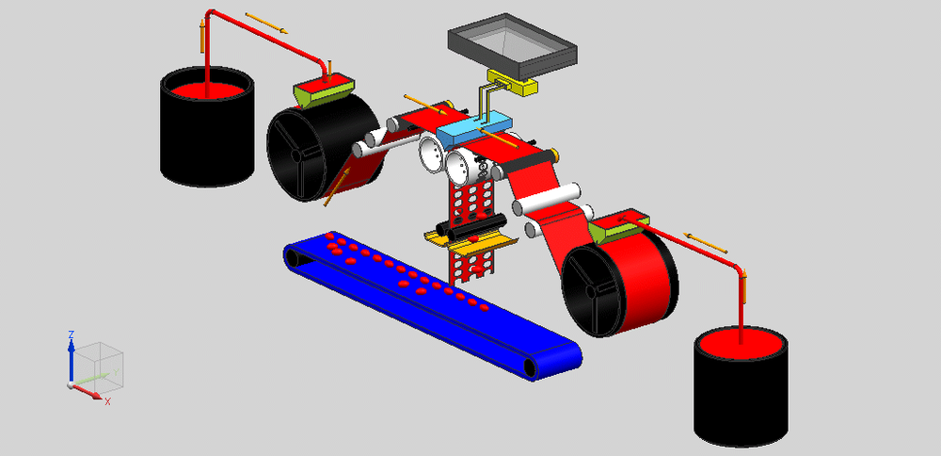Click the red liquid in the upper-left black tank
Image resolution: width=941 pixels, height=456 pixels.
coord(207,90)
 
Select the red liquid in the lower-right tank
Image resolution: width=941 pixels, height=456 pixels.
coord(741,345)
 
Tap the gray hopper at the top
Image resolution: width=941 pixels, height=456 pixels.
coord(512,45)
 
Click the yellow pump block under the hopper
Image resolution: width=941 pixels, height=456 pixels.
coord(513,83)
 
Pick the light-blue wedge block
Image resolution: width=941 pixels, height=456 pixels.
coord(474,127)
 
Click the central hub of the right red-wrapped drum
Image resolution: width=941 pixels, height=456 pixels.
coord(591,291)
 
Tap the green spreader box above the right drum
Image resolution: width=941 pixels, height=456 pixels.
coord(618,227)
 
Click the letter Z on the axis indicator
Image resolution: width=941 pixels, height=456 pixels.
coord(71,334)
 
